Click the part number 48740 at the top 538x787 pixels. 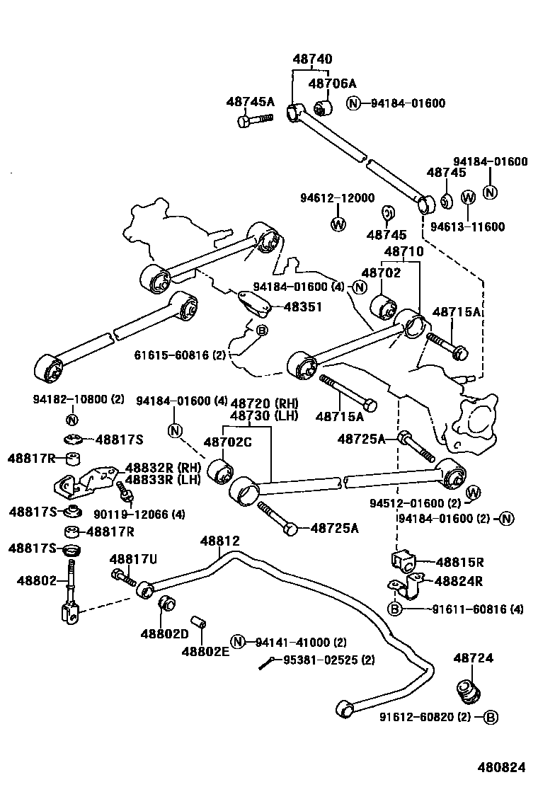312,59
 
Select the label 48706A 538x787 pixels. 332,84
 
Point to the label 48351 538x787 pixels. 302,306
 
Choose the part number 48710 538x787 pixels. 403,251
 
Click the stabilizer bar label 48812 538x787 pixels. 219,541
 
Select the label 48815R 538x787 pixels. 459,563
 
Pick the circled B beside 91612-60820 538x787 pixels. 491,717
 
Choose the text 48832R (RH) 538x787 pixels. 163,467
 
